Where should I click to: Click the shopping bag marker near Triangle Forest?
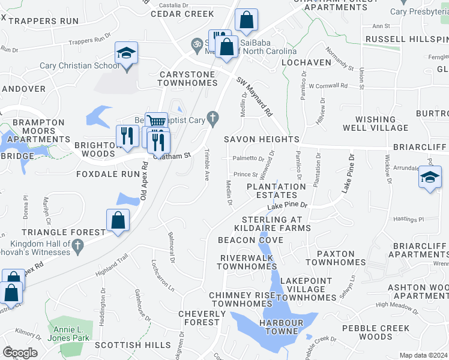(118, 221)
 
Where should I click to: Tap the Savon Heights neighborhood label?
(262, 139)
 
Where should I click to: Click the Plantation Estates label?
(276, 191)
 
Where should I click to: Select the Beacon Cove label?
(250, 240)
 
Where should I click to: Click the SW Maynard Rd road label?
(255, 96)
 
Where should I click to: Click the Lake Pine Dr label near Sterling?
(287, 206)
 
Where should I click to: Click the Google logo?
(20, 353)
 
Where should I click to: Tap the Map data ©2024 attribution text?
(423, 355)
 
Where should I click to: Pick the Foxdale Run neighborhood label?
(108, 174)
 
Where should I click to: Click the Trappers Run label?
(44, 21)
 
